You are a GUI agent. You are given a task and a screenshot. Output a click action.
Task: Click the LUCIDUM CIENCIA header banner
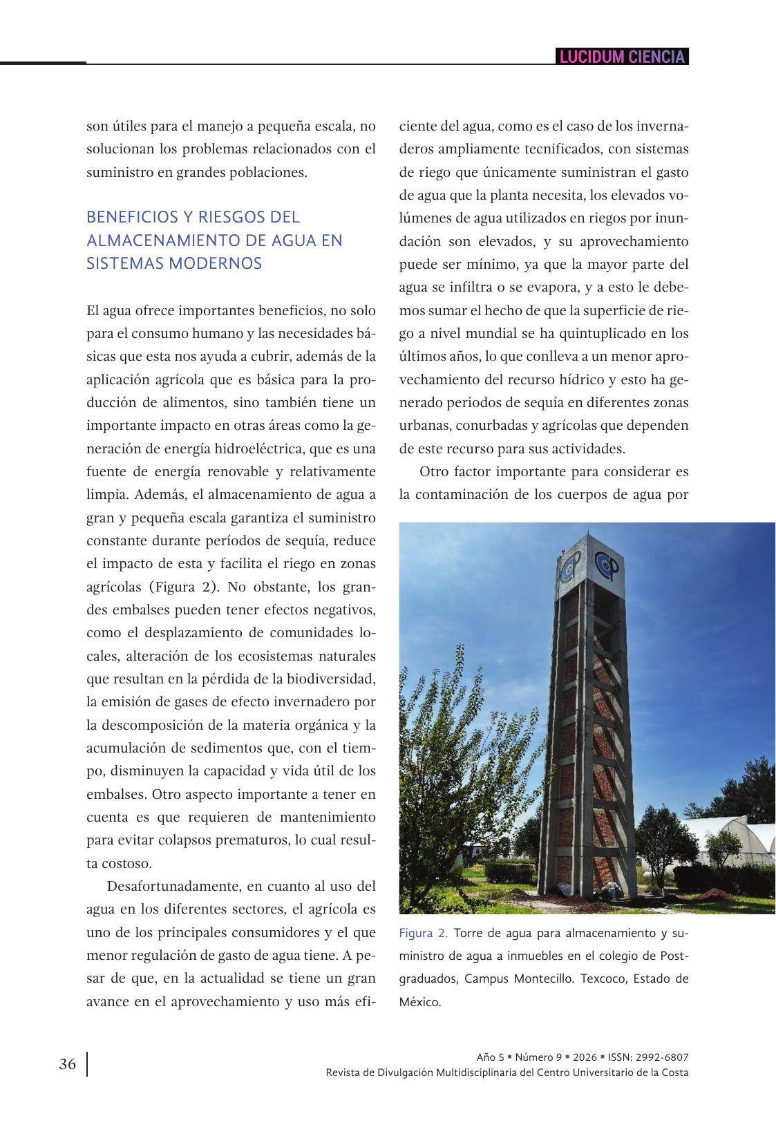tap(622, 57)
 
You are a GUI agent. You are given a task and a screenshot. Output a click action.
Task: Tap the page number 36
tap(67, 1064)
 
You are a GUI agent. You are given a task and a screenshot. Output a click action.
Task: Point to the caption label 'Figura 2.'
tap(424, 934)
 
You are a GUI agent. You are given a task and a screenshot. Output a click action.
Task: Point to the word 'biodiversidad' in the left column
tap(334, 679)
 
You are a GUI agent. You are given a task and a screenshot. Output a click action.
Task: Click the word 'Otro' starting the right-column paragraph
tap(434, 471)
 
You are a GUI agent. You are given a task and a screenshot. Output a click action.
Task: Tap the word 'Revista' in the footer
tap(343, 1073)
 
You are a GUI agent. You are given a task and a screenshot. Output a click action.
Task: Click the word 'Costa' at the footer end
tap(674, 1073)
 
